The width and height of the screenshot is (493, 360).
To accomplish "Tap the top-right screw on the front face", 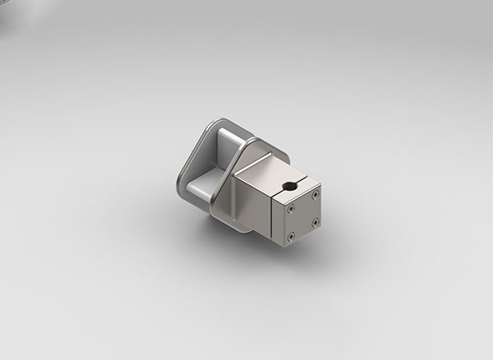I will [315, 194].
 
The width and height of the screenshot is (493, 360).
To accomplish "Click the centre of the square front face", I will [303, 215].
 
